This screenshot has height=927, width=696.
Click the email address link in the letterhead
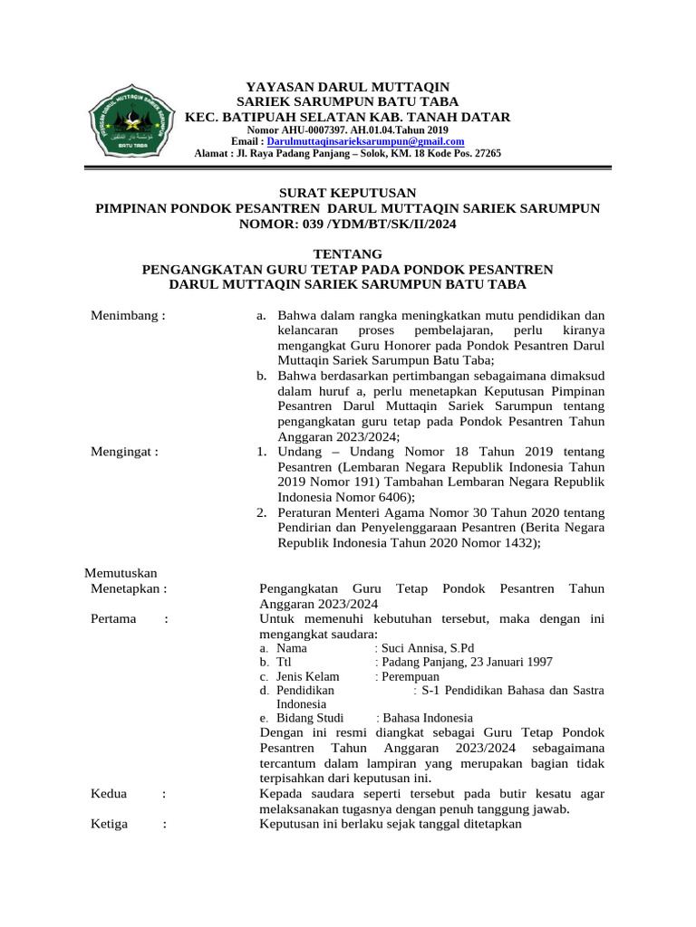point(366,142)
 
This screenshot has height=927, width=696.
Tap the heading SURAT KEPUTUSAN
point(347,193)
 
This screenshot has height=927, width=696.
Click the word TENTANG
point(347,254)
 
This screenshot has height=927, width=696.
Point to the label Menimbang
point(128,316)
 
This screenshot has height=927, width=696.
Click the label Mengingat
point(125,451)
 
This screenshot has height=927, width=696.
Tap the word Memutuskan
point(121,573)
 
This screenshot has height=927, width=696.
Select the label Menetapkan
point(130,588)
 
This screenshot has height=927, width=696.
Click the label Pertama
point(114,618)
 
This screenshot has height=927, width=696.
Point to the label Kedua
point(110,794)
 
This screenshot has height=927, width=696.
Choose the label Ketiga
point(110,824)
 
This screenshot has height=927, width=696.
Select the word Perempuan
point(410,677)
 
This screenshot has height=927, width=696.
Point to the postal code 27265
point(483,154)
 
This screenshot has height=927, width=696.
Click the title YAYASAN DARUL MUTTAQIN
point(347,86)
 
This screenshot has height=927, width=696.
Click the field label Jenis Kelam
point(307,677)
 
